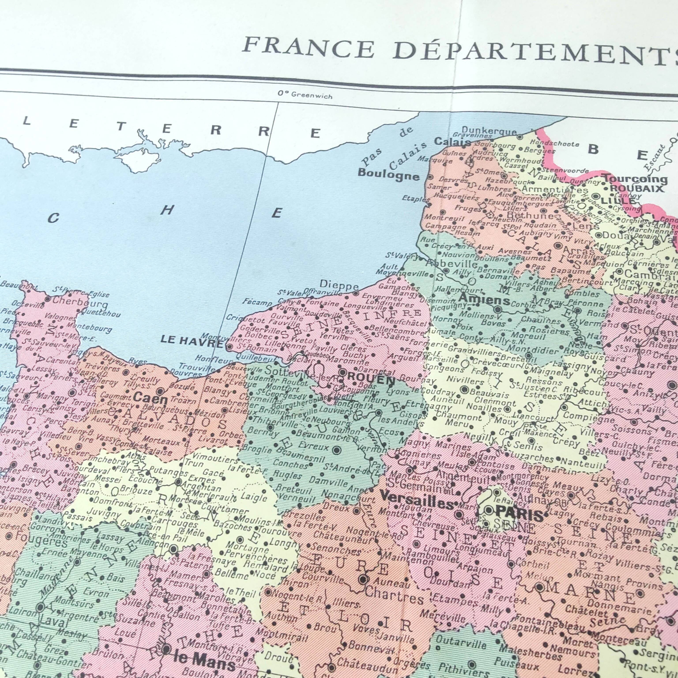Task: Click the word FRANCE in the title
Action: click(x=309, y=48)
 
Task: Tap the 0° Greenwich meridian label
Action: click(x=305, y=94)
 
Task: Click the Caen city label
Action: click(x=151, y=398)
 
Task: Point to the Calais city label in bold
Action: click(x=453, y=142)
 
